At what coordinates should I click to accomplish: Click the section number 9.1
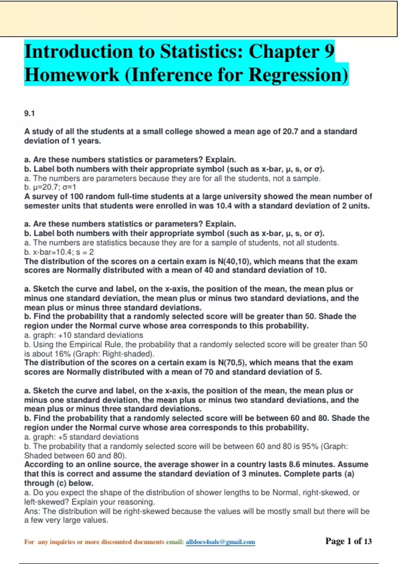pos(29,113)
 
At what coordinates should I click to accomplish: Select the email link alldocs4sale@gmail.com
pos(220,542)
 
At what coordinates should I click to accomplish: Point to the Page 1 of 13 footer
pos(348,541)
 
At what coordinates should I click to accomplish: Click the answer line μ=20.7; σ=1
pos(50,187)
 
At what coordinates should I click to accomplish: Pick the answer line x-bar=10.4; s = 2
pos(59,252)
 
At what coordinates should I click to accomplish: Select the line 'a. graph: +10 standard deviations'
pos(84,335)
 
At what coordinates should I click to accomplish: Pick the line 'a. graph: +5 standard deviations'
pos(81,437)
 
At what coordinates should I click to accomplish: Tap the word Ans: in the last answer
pos(32,512)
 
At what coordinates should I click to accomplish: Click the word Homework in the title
pos(72,75)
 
